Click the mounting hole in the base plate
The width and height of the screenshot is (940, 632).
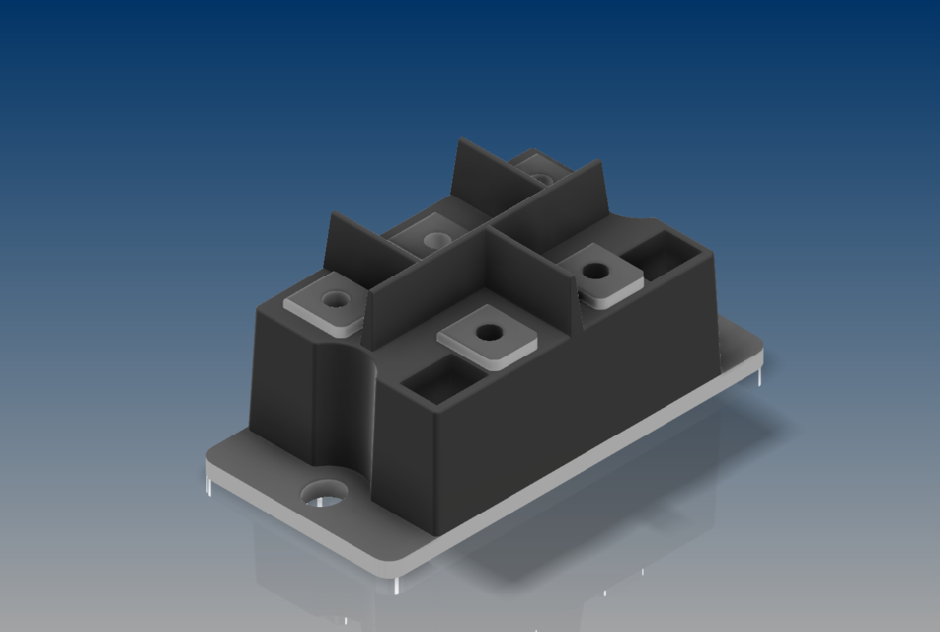[322, 492]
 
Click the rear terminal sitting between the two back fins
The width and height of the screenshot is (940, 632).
[432, 237]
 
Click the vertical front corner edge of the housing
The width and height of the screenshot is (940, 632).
[434, 464]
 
